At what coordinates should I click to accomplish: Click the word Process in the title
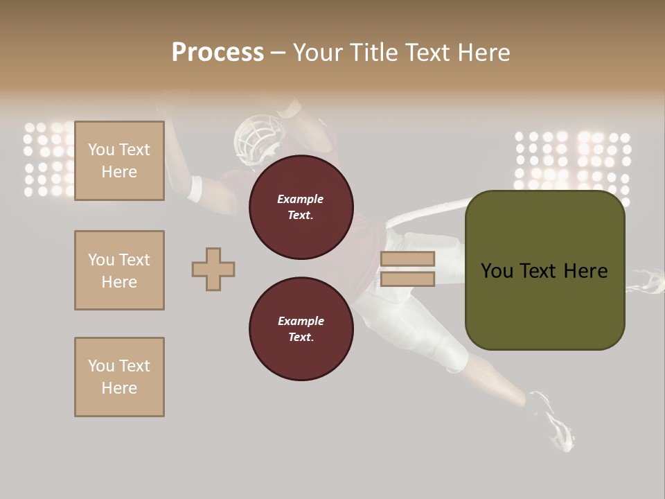(x=218, y=53)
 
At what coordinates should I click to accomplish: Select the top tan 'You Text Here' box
(x=119, y=161)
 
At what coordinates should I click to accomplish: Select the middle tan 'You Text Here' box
(x=119, y=270)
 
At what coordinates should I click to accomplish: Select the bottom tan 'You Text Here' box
(x=119, y=377)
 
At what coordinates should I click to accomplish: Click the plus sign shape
(x=213, y=269)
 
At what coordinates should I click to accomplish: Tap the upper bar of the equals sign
(x=408, y=259)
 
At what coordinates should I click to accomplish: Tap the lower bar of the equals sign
(x=408, y=279)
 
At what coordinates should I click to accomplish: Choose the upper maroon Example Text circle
(x=301, y=207)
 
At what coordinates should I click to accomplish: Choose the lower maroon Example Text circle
(x=301, y=329)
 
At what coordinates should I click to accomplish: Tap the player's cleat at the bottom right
(x=554, y=423)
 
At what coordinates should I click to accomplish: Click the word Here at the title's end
(x=483, y=53)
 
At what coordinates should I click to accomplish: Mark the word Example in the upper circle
(x=301, y=199)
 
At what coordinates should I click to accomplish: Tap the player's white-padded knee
(x=450, y=353)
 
